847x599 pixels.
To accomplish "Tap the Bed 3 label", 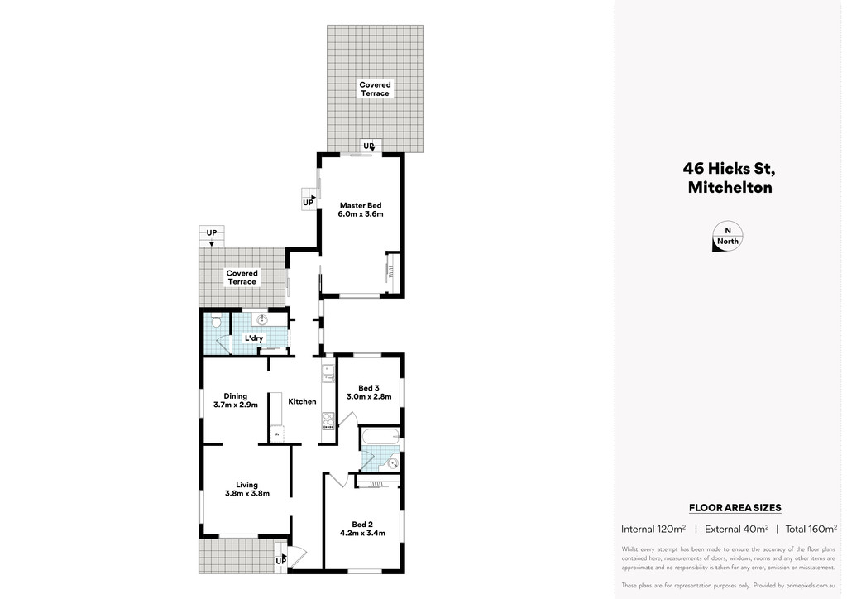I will [x=369, y=388].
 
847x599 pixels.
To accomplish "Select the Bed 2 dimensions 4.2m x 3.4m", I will [x=362, y=533].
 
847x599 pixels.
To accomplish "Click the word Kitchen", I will [x=302, y=402].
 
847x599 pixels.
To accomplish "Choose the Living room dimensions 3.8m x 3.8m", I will [x=246, y=494].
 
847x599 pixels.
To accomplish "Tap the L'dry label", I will [x=253, y=338].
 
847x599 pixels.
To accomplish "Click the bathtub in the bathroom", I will [x=380, y=436].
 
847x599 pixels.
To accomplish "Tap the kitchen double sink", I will [x=328, y=375].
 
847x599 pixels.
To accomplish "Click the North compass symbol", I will [x=728, y=237].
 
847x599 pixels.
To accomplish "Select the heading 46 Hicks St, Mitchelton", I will [x=729, y=178].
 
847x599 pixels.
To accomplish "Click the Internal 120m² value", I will [x=653, y=529].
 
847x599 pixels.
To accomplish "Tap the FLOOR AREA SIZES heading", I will [x=735, y=508].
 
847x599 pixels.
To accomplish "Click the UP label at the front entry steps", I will [x=281, y=561].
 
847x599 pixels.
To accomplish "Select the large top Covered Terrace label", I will [x=375, y=89].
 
